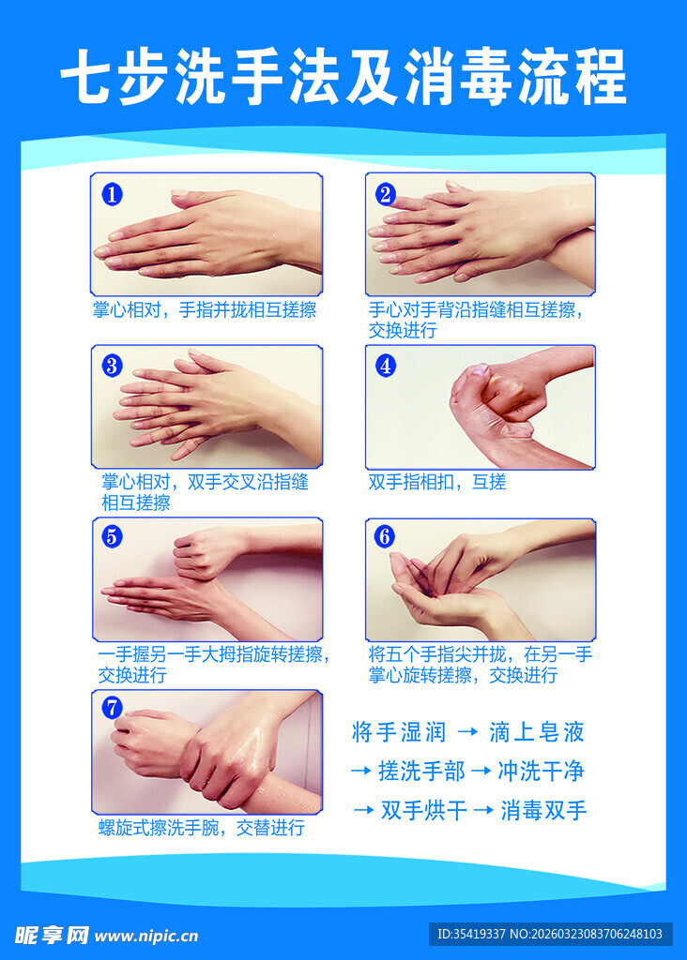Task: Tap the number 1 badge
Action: click(113, 195)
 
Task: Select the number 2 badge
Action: click(386, 194)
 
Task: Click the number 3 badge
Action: click(113, 366)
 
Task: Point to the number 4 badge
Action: click(386, 366)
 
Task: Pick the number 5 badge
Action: click(113, 537)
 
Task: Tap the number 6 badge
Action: click(384, 537)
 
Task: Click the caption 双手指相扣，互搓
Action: click(437, 482)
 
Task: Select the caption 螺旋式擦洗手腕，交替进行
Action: click(201, 827)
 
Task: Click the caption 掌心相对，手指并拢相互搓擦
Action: click(204, 310)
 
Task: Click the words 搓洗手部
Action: click(421, 772)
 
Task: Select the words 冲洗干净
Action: click(541, 772)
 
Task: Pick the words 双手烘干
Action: click(424, 810)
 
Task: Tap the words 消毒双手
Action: click(544, 810)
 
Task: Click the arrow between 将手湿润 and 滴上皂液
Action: click(466, 732)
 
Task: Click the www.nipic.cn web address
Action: click(145, 935)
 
